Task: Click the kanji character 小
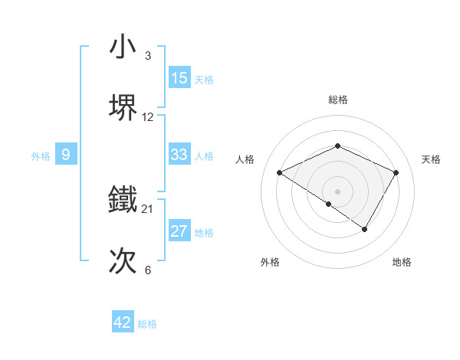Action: click(x=123, y=47)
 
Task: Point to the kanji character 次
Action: click(x=123, y=260)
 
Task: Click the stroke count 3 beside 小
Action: click(x=148, y=56)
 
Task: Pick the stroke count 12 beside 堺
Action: click(x=148, y=116)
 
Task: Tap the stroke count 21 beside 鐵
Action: click(x=148, y=209)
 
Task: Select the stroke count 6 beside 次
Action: click(x=148, y=270)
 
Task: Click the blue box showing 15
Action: click(x=179, y=78)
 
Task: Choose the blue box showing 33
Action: click(x=179, y=155)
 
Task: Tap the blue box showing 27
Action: click(x=179, y=231)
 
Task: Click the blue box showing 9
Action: click(x=66, y=155)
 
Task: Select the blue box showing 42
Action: click(x=123, y=322)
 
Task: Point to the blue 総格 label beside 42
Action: click(x=147, y=324)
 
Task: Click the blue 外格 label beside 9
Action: click(x=41, y=156)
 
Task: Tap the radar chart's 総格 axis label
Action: click(x=338, y=100)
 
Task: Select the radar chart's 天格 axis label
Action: click(x=432, y=159)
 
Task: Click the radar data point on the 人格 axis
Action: click(x=280, y=173)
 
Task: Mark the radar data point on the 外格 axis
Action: click(x=329, y=204)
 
